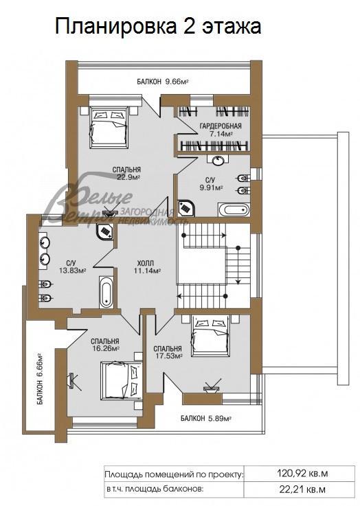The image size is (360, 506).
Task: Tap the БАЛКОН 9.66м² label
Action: click(x=163, y=82)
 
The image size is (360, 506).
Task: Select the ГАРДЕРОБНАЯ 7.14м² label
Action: click(x=220, y=130)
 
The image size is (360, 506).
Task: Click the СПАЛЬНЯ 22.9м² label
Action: click(x=127, y=172)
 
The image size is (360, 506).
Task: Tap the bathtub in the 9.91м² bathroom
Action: click(x=234, y=209)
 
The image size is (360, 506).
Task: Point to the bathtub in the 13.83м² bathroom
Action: click(x=106, y=292)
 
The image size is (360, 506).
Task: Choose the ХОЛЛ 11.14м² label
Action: click(x=146, y=267)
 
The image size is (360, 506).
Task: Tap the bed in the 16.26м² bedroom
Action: click(x=115, y=380)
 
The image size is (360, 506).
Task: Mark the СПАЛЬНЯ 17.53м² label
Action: click(x=168, y=352)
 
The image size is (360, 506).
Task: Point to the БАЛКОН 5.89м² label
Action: click(x=205, y=418)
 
